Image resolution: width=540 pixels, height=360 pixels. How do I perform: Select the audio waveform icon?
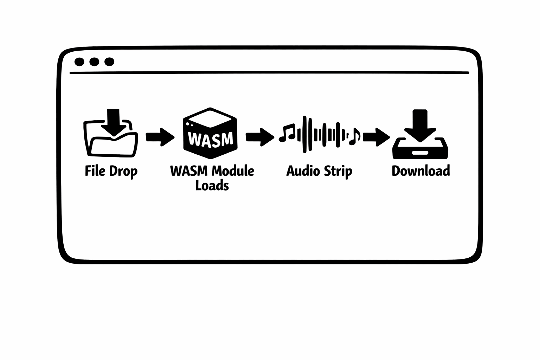(x=319, y=135)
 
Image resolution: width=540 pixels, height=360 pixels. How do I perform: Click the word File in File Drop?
(x=95, y=171)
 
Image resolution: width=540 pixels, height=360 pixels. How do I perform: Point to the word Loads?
(x=212, y=185)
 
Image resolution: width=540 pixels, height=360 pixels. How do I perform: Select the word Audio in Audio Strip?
(x=299, y=171)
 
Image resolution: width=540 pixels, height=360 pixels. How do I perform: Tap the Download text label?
(x=420, y=171)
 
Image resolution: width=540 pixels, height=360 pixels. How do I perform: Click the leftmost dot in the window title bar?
(x=79, y=62)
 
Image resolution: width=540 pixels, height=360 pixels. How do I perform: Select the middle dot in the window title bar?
(x=94, y=62)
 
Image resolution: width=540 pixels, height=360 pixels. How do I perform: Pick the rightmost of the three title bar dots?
(x=109, y=62)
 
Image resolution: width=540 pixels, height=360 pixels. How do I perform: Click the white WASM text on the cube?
(x=211, y=139)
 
